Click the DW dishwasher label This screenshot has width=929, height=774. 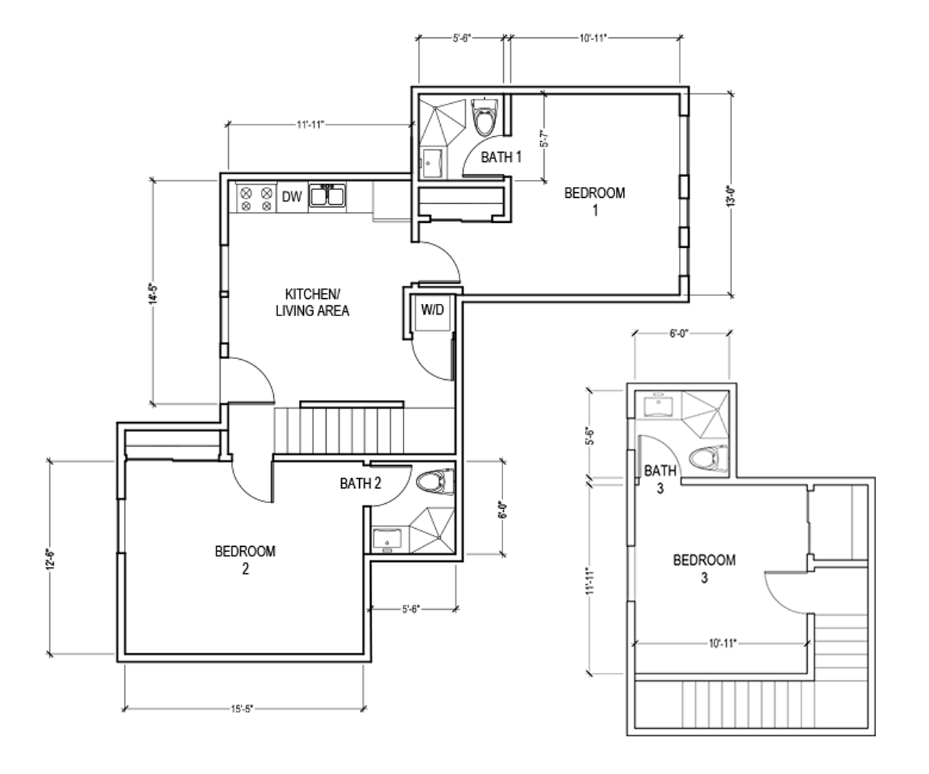tap(292, 196)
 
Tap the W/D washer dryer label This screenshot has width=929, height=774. tap(432, 310)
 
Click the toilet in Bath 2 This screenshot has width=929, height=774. tap(435, 482)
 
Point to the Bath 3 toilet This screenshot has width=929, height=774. tap(708, 458)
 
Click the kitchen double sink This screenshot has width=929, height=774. tap(328, 195)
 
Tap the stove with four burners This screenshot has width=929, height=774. tap(257, 198)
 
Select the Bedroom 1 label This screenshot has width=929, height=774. tap(595, 201)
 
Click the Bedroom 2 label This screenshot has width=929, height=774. tap(245, 560)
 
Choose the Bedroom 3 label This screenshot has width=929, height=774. tap(705, 568)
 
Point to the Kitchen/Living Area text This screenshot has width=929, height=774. tap(313, 302)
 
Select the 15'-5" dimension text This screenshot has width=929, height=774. tap(242, 709)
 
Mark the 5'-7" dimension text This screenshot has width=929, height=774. tap(545, 138)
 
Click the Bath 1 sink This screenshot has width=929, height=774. tap(432, 163)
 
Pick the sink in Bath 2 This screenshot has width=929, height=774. tap(386, 540)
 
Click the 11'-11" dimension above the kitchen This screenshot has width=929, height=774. tap(310, 125)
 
